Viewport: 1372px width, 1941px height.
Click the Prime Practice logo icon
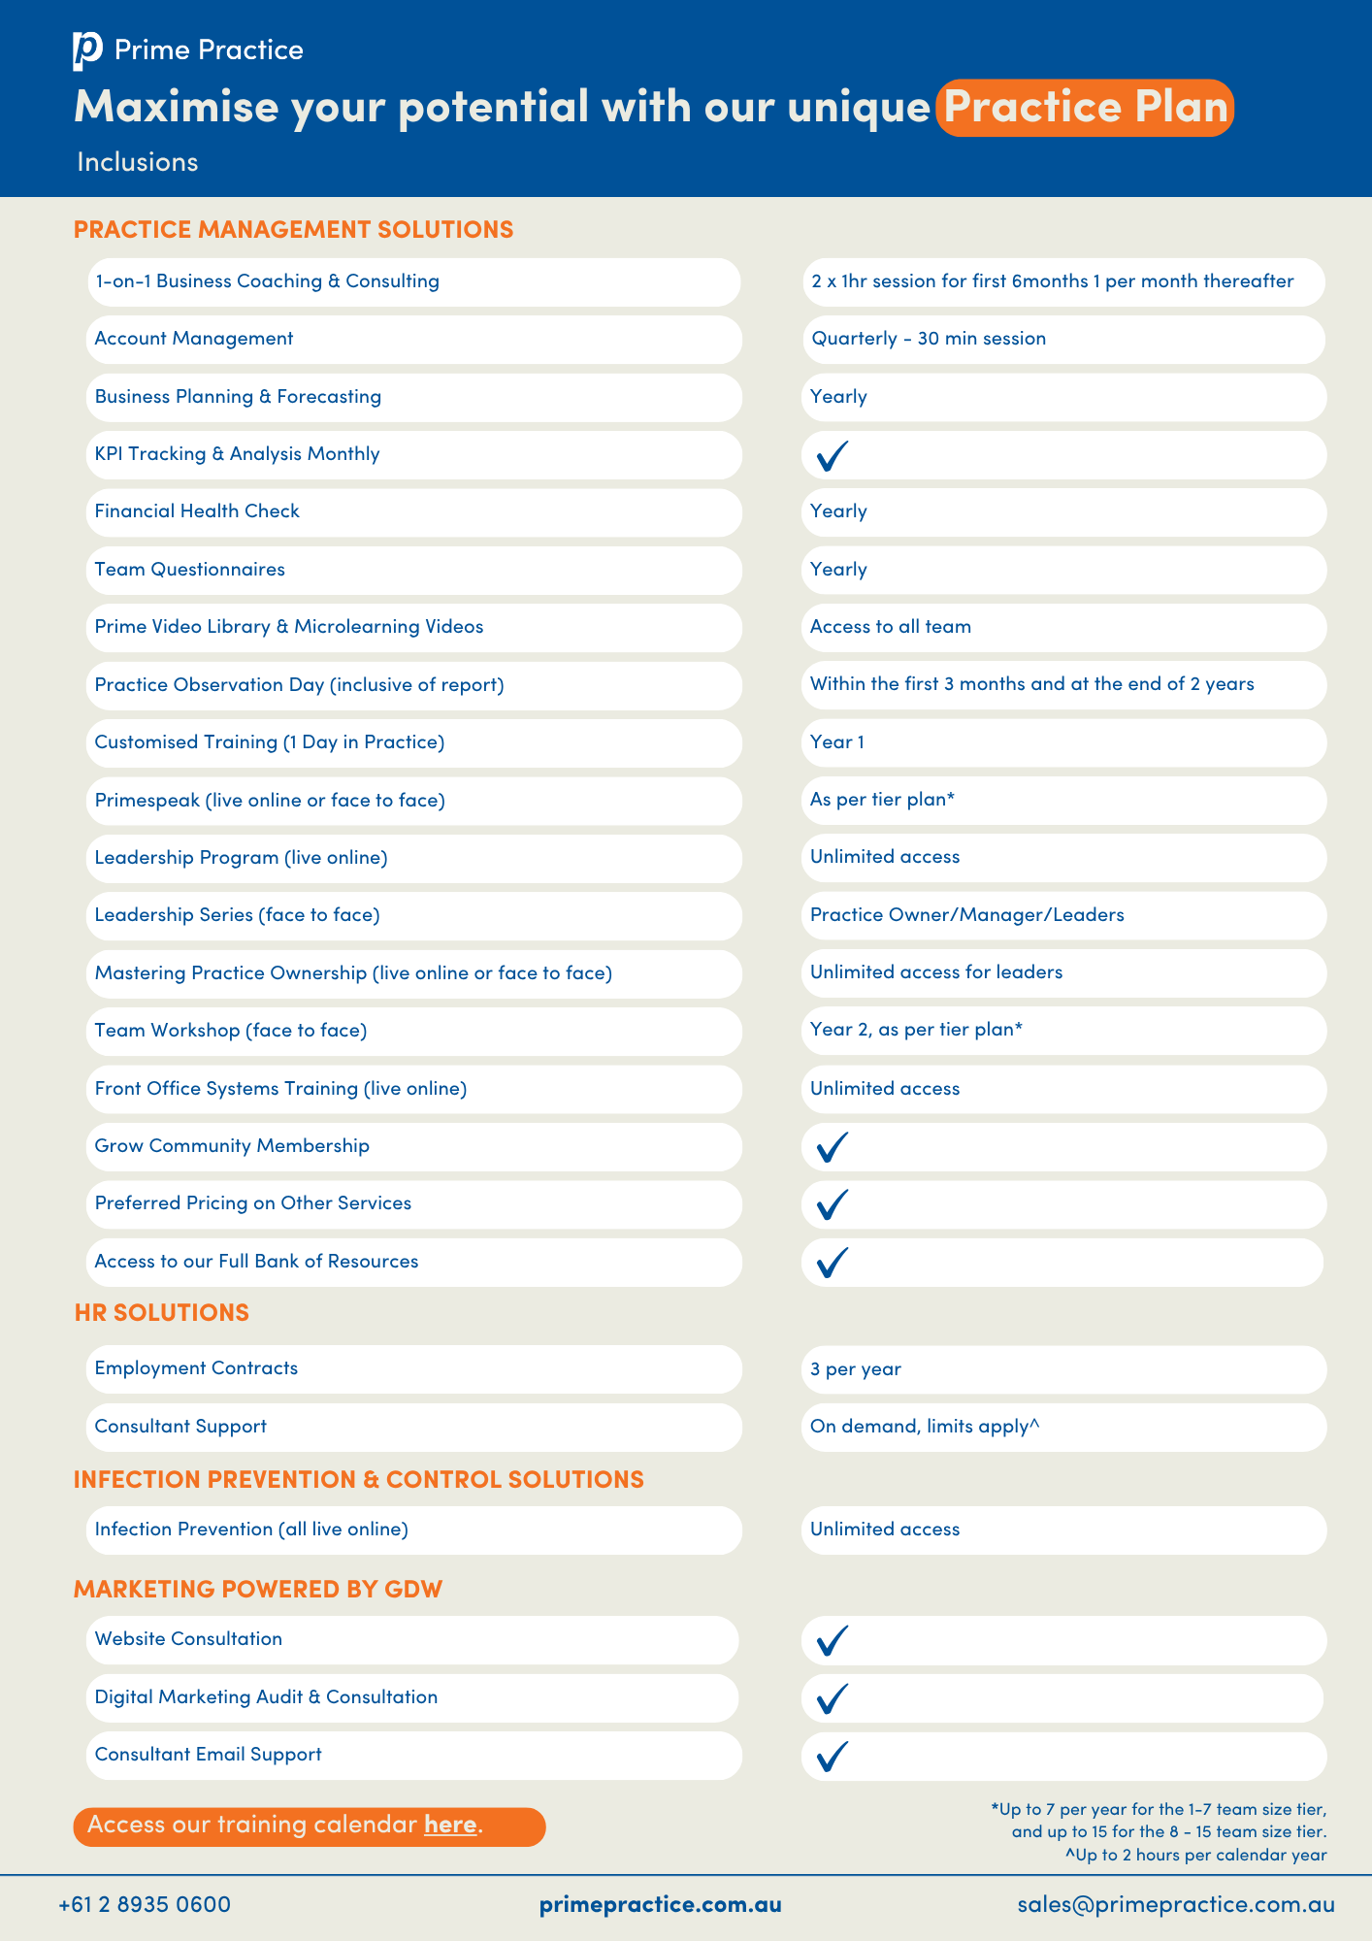tap(86, 50)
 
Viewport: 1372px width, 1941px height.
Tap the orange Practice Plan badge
tap(1084, 108)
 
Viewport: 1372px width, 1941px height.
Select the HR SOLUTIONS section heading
tap(161, 1312)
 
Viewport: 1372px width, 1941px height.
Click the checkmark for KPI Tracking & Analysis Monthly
tap(833, 455)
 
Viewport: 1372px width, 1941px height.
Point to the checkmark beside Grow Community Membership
tap(833, 1147)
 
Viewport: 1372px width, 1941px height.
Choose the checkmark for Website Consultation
tap(833, 1640)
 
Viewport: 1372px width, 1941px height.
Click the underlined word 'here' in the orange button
tap(450, 1825)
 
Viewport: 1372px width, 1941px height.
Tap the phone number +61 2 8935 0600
tap(145, 1904)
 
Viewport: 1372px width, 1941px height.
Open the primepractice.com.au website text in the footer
tap(660, 1904)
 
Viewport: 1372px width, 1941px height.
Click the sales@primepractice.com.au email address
tap(1175, 1904)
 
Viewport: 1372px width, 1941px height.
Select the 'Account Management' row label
tap(194, 339)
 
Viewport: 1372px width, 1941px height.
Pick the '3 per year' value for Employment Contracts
tap(856, 1369)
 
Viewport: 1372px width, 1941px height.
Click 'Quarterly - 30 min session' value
tap(929, 339)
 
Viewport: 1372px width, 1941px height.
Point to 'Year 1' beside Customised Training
tap(837, 742)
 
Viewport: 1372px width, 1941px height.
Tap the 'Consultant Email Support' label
tap(209, 1755)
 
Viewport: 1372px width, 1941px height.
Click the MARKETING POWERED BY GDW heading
tap(258, 1589)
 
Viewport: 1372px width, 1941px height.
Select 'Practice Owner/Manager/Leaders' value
tap(967, 915)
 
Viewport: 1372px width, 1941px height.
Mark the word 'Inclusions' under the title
tap(138, 162)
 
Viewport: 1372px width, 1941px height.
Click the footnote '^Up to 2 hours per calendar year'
tap(1195, 1856)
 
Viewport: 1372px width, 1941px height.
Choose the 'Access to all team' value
tap(891, 627)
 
